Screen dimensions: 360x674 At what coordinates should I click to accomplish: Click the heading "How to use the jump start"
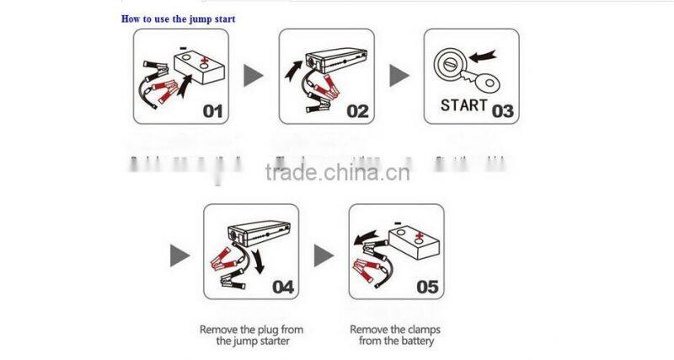(178, 18)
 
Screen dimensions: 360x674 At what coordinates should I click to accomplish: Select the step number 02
(357, 110)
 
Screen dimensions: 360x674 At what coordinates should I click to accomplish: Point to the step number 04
(283, 287)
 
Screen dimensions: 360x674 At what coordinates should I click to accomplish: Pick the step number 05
(428, 287)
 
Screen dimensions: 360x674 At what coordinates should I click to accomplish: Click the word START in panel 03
(464, 105)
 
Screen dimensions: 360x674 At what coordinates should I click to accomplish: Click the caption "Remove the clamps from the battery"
(396, 336)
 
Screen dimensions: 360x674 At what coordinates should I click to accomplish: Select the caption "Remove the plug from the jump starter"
(251, 336)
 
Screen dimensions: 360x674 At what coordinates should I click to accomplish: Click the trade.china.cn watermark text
(337, 174)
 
